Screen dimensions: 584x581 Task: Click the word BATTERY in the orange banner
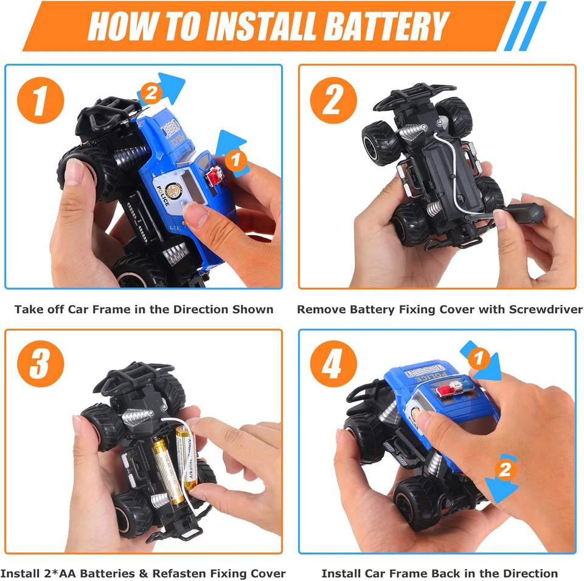tap(387, 26)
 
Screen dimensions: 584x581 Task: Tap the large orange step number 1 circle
tap(41, 100)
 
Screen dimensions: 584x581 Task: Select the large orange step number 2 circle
tap(333, 100)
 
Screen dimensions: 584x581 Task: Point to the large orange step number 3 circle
tap(41, 364)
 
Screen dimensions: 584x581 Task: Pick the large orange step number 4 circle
tap(333, 364)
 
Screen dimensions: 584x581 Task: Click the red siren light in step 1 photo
tap(214, 176)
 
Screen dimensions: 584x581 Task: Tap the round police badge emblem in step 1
tap(172, 191)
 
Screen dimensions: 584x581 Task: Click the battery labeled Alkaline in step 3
tap(186, 458)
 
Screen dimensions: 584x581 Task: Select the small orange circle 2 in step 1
tap(150, 94)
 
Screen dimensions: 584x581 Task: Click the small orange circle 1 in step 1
tap(235, 160)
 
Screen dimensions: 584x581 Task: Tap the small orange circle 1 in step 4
tap(478, 358)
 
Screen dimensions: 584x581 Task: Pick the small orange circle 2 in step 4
tap(505, 470)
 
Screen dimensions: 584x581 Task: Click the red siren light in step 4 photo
tap(444, 390)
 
